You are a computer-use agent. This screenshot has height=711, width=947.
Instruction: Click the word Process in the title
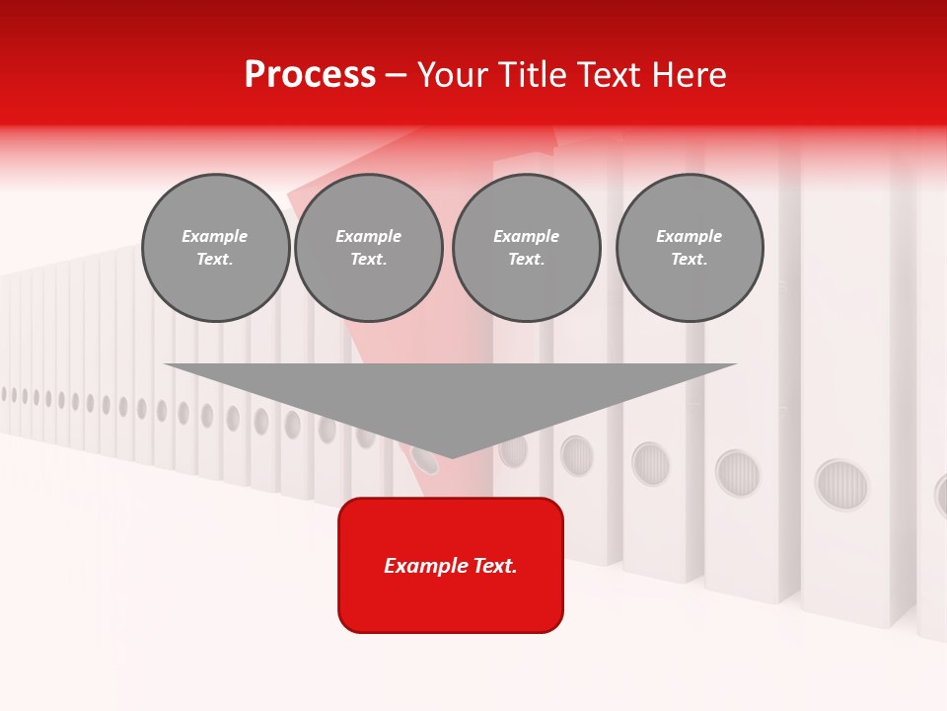pyautogui.click(x=310, y=75)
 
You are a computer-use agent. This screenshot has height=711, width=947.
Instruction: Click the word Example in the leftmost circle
pyautogui.click(x=215, y=236)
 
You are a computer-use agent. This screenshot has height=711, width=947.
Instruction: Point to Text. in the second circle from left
pyautogui.click(x=368, y=260)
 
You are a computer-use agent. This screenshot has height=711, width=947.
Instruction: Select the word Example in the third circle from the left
pyautogui.click(x=526, y=236)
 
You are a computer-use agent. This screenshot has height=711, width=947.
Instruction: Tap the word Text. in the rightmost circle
pyautogui.click(x=690, y=260)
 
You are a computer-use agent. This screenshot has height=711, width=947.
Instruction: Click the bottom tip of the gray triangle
pyautogui.click(x=452, y=455)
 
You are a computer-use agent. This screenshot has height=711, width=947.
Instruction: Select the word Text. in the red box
pyautogui.click(x=495, y=566)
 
